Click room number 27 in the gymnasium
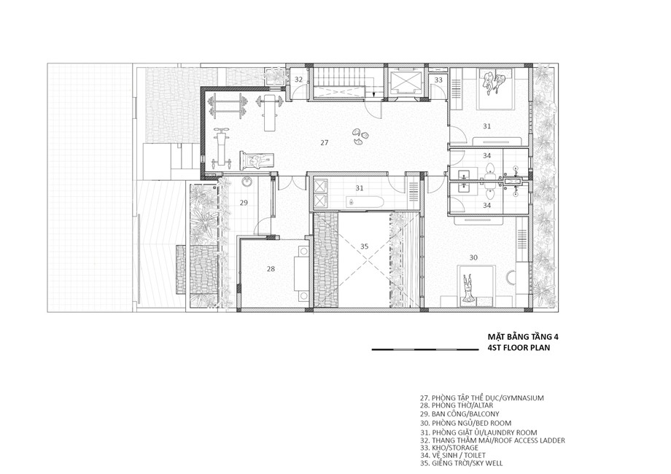point(325,142)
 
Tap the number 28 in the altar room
point(271,268)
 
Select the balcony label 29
point(244,202)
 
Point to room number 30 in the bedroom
point(473,257)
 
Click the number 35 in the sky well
point(364,246)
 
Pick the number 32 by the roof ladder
point(299,79)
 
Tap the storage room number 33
point(438,79)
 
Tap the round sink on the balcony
point(247,182)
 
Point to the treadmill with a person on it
point(257,160)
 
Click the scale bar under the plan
point(425,349)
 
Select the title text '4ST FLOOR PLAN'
point(519,348)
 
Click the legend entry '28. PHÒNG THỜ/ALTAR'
point(457,405)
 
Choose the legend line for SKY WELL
point(461,463)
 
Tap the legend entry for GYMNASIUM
point(482,398)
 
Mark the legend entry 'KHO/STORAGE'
point(449,448)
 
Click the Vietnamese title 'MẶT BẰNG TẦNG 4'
point(523,337)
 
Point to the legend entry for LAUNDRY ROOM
point(478,432)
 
